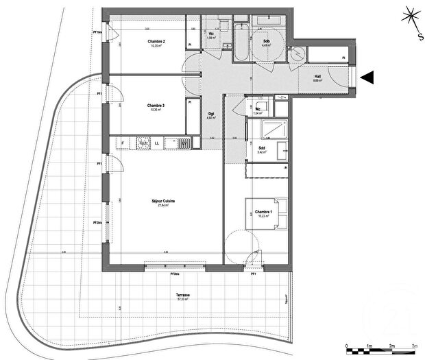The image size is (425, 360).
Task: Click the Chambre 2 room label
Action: coord(157,42)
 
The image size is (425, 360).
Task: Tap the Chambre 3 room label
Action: coord(157,105)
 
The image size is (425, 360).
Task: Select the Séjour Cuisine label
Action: coord(163,201)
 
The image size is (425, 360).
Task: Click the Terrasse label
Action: coord(183,295)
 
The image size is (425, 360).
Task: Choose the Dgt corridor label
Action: coord(211,113)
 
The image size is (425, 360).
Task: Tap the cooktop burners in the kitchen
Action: coord(143,143)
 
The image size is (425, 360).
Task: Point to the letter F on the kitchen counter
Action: coord(123,143)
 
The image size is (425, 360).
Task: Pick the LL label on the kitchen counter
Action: coord(158,143)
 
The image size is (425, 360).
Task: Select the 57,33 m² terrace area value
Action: coord(183,300)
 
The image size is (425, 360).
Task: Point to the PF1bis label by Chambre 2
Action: coord(99,32)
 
